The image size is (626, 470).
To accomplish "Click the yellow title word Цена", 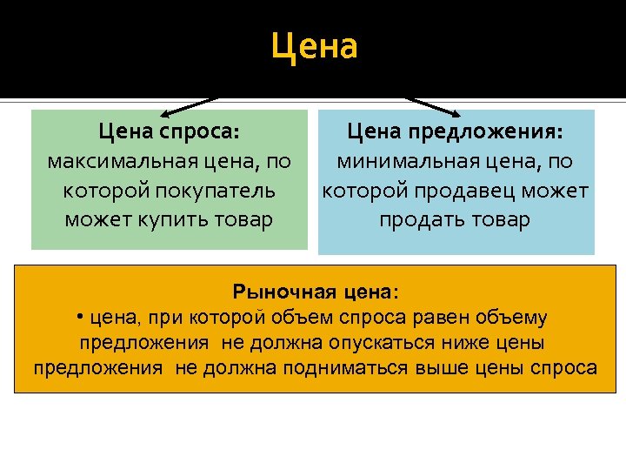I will (x=314, y=46).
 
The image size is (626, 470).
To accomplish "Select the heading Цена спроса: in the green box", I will (x=169, y=131).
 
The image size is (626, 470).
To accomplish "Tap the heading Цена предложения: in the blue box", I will (x=455, y=131).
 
